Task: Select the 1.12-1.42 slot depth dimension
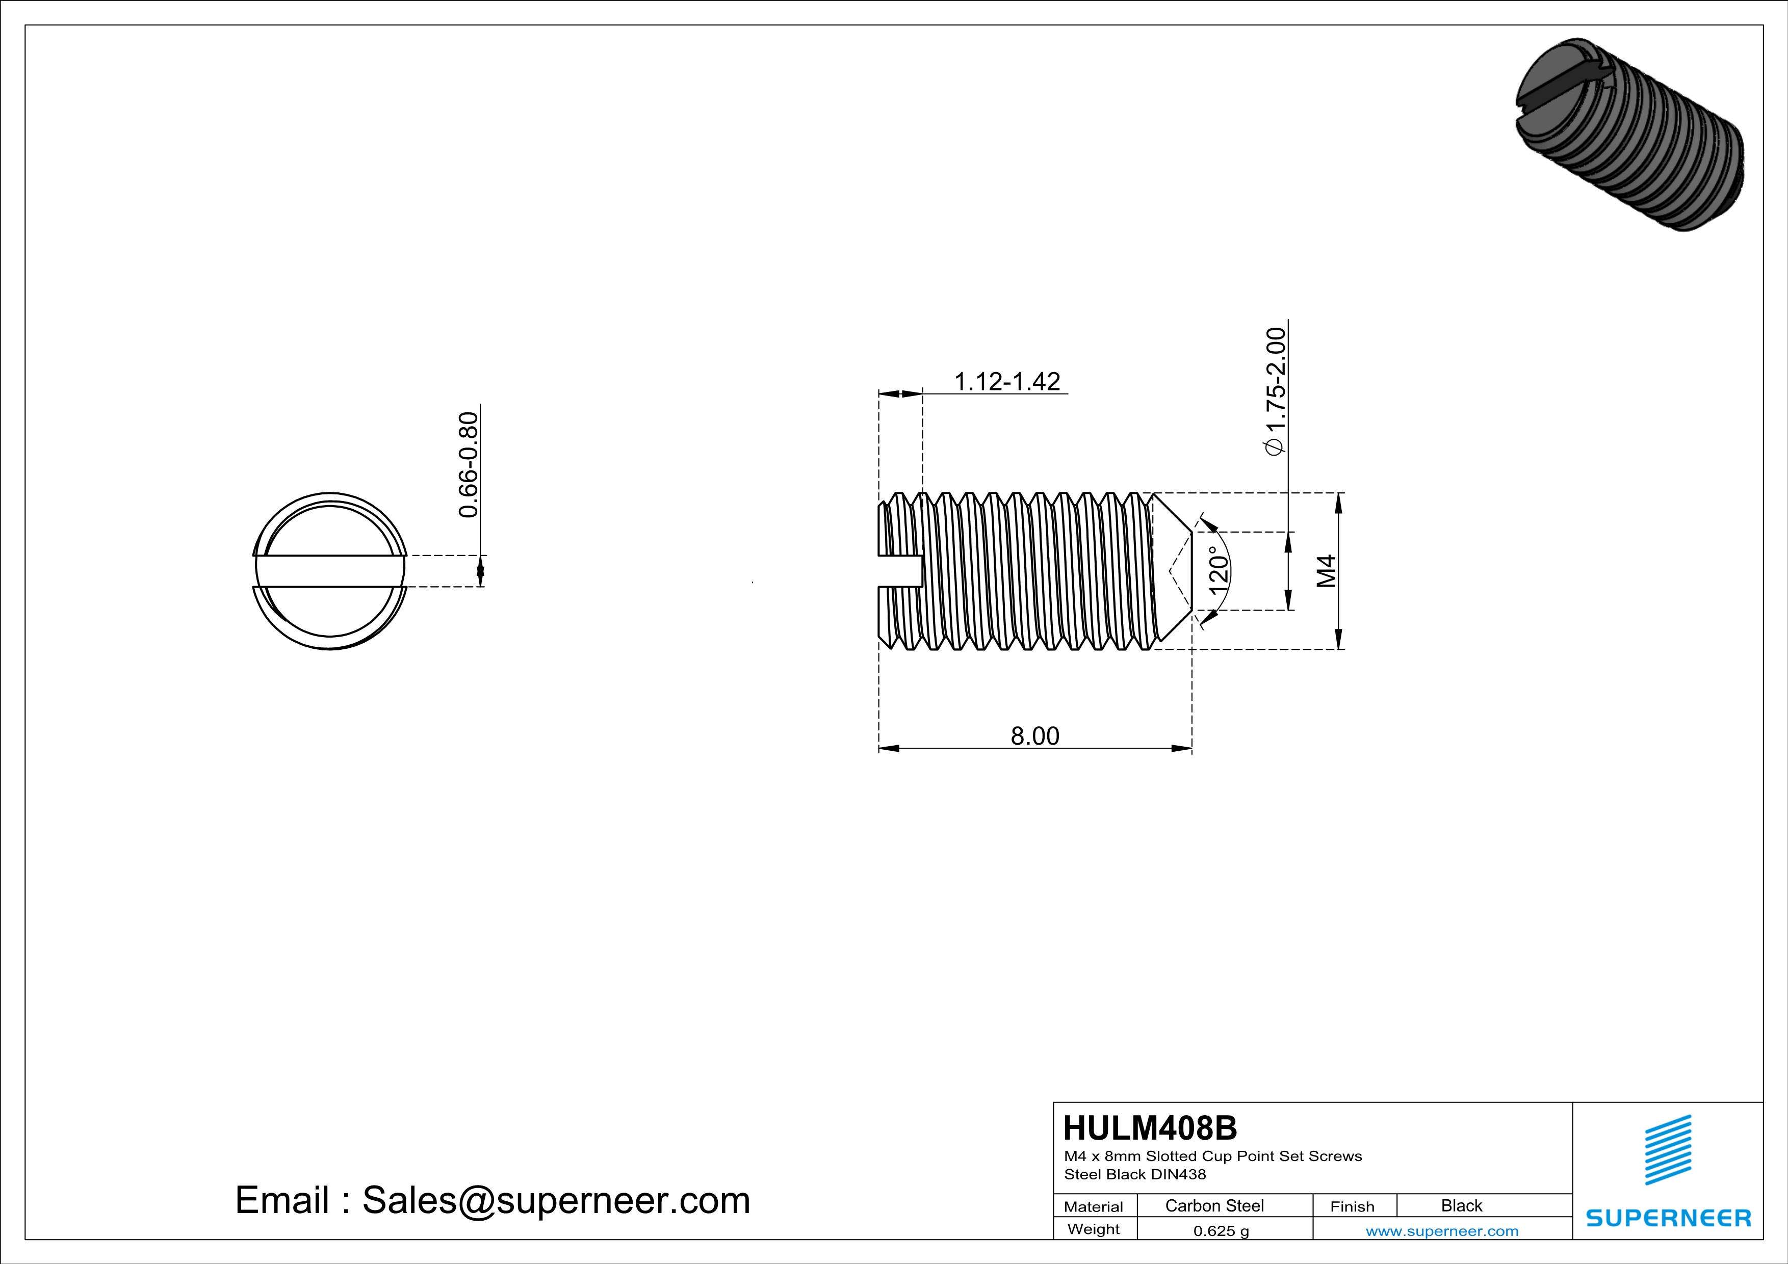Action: [1007, 381]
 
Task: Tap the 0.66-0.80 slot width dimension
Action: [468, 465]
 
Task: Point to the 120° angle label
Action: [1219, 570]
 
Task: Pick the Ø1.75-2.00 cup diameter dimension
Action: [1276, 391]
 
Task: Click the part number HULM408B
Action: [1149, 1128]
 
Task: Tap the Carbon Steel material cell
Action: [1214, 1205]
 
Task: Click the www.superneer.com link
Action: [1441, 1230]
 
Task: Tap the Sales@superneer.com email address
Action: [556, 1200]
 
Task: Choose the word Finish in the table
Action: [1352, 1206]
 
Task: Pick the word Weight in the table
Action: [1094, 1229]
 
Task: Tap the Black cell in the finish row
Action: [1461, 1205]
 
